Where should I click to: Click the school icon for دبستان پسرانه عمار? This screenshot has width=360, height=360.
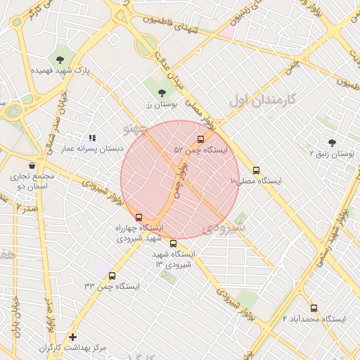coord(92,138)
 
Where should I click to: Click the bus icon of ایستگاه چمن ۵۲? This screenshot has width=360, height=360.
coord(201,139)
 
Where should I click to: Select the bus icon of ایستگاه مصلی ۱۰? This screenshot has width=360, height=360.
coord(256,169)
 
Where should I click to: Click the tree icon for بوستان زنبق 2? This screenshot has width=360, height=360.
coord(332,142)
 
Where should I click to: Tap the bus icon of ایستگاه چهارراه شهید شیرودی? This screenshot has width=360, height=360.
coord(139,217)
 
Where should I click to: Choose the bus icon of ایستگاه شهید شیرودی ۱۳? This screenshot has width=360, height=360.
coord(174,243)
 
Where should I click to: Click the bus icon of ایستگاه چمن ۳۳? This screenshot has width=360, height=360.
coord(112,276)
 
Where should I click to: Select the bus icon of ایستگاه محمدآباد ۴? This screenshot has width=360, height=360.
coord(314,308)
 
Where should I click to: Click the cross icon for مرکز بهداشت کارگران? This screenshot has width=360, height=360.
coord(72,337)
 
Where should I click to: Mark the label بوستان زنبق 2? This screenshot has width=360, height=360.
coord(332,153)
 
